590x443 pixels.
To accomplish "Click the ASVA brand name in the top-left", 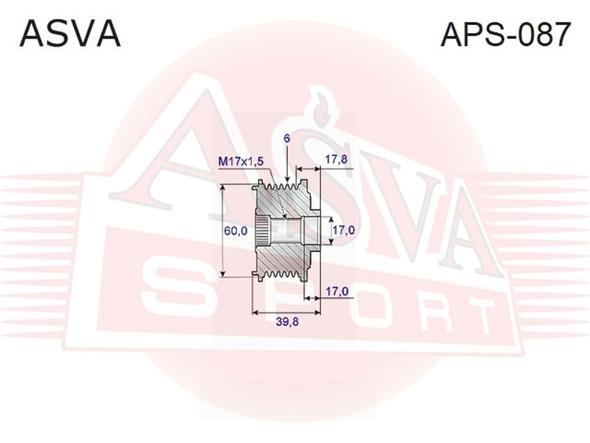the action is pos(70,34).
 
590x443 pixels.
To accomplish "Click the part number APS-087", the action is pos(506,34).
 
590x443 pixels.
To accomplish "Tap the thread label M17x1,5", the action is pos(241,162).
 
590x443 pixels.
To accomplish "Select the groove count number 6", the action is pos(287,139).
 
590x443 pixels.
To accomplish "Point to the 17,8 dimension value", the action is pos(336,159).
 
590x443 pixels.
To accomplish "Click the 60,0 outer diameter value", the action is pos(235,230).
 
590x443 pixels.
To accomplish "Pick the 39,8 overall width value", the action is pos(287,322).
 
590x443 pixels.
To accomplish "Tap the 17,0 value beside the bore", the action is pos(343,230).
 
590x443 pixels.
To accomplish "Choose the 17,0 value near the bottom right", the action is pos(337,291).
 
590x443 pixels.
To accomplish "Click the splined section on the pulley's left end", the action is pos(263,230).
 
